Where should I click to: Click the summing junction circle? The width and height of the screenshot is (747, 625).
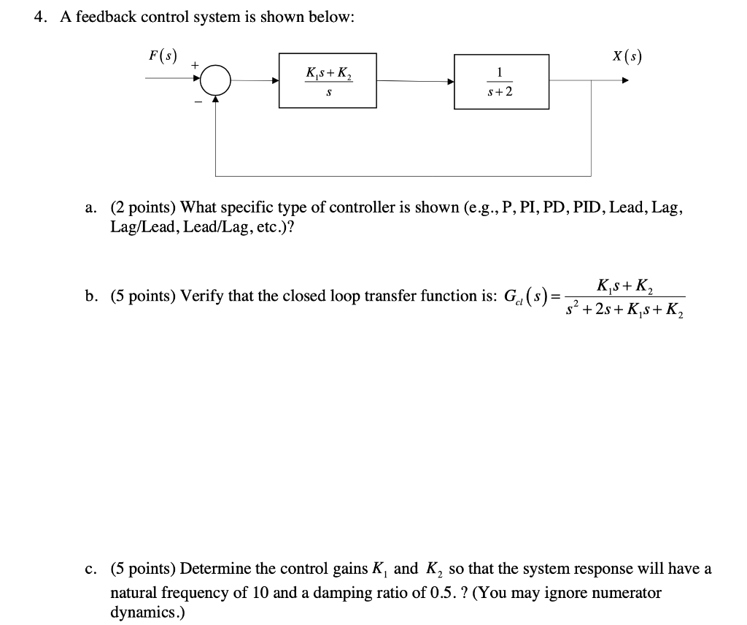click(216, 80)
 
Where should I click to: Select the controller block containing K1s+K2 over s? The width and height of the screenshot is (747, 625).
click(328, 80)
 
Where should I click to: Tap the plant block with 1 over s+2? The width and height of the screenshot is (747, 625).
click(501, 81)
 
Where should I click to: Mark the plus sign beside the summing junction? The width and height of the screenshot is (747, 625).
click(194, 66)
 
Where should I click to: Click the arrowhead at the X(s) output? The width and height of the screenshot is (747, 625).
click(624, 81)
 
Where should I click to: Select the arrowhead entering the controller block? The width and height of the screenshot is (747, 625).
click(276, 81)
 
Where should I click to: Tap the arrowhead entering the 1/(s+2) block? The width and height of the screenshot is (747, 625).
click(450, 81)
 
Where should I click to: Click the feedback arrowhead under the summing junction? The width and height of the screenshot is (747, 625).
click(216, 100)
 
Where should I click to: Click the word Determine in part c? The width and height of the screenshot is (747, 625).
click(214, 569)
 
